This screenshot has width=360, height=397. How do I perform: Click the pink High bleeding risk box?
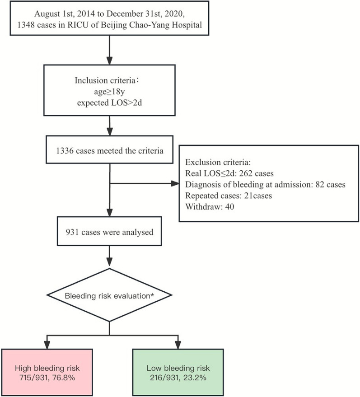click(x=47, y=372)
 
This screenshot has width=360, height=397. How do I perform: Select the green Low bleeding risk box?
click(x=178, y=372)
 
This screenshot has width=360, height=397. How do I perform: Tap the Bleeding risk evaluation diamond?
click(x=109, y=295)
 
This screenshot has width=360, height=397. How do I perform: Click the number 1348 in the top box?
click(x=26, y=25)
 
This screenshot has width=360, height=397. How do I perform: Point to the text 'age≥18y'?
click(x=109, y=91)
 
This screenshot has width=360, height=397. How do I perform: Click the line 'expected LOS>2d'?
click(x=109, y=103)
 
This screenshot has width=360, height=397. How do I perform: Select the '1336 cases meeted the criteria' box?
click(x=109, y=149)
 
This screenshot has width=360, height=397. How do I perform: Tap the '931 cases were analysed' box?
click(x=109, y=231)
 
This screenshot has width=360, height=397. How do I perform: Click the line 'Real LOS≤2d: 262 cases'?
click(x=229, y=173)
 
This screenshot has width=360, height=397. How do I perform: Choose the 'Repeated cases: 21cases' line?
click(x=229, y=196)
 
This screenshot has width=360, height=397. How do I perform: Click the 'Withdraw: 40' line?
click(x=210, y=207)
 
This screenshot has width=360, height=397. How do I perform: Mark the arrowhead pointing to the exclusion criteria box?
click(x=175, y=183)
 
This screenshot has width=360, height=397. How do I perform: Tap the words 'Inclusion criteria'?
click(x=105, y=80)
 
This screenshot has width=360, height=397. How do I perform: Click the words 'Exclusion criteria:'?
click(x=218, y=162)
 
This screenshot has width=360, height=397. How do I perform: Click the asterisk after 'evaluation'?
click(x=152, y=294)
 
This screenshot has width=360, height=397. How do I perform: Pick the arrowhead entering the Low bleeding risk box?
click(x=178, y=346)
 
